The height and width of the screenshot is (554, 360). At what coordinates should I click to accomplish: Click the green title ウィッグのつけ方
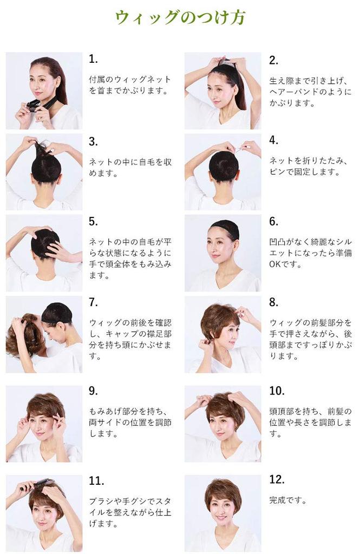(x=180, y=17)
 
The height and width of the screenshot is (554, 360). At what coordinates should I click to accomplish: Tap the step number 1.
(x=93, y=59)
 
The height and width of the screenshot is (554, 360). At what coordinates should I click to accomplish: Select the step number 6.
(x=273, y=221)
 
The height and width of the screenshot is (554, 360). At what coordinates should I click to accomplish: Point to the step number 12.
(x=276, y=480)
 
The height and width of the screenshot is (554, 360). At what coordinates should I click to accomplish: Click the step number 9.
(x=93, y=391)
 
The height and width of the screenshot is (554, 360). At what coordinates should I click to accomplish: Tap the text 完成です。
(x=287, y=500)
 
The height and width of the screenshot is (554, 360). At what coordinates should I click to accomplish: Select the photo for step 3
(x=44, y=172)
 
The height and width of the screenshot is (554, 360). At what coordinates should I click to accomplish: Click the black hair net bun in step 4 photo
(x=223, y=166)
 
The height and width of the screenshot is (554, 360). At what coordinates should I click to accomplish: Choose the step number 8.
(x=273, y=302)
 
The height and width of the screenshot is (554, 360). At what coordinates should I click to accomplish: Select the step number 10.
(x=276, y=391)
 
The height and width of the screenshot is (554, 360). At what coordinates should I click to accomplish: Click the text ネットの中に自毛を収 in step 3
(x=130, y=162)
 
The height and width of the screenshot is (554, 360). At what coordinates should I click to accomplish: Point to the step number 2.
(x=273, y=60)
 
